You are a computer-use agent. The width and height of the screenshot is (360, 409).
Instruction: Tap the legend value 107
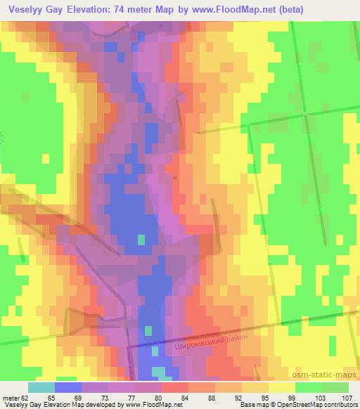(x=347, y=397)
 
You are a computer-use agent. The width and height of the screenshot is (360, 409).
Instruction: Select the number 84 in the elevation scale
(x=187, y=397)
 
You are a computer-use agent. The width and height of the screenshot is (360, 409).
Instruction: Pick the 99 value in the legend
(x=293, y=397)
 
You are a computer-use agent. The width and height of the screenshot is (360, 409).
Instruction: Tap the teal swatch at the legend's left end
(x=41, y=387)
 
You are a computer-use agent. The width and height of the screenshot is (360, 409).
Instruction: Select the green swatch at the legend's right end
(x=335, y=387)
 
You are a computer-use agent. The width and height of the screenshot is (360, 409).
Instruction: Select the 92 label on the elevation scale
(x=240, y=397)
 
